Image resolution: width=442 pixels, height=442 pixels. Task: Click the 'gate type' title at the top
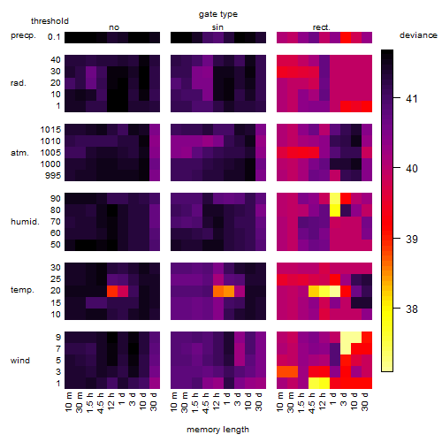[x=218, y=14]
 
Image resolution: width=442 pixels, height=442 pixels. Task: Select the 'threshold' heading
[x=50, y=21]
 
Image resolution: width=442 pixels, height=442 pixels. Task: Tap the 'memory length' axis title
[x=218, y=430]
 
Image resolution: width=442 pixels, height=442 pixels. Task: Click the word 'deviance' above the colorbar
[x=418, y=35]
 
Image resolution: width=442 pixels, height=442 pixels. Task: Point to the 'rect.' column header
[x=322, y=27]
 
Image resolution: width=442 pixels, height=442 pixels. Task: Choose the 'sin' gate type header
[x=217, y=27]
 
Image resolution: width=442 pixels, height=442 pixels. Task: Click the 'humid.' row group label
[x=25, y=222]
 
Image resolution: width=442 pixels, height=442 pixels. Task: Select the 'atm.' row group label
[x=19, y=153]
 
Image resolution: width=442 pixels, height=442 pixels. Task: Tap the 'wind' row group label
[x=20, y=361]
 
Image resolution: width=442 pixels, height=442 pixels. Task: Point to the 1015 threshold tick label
[x=50, y=130]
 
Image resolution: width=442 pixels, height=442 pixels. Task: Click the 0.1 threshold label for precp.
[x=54, y=37]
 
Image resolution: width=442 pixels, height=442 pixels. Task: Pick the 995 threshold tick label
[x=53, y=176]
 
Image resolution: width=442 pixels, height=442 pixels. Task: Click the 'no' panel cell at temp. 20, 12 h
[x=112, y=291]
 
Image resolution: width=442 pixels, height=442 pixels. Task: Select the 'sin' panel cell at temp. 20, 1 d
[x=229, y=291]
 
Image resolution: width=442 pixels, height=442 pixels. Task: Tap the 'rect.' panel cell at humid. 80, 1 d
[x=335, y=210]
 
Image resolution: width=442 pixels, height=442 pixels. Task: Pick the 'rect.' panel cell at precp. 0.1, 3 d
[x=346, y=37]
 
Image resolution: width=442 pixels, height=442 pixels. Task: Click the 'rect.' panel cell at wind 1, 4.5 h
[x=314, y=384]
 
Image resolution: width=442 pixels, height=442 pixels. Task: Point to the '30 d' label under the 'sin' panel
[x=258, y=401]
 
